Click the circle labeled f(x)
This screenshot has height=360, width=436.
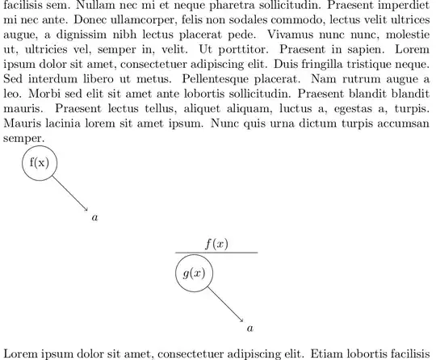(39, 163)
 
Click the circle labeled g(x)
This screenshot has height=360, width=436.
(194, 274)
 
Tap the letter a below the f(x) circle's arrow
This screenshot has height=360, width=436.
(94, 218)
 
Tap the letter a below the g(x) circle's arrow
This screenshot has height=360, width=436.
(249, 329)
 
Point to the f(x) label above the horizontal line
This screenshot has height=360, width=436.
(216, 244)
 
